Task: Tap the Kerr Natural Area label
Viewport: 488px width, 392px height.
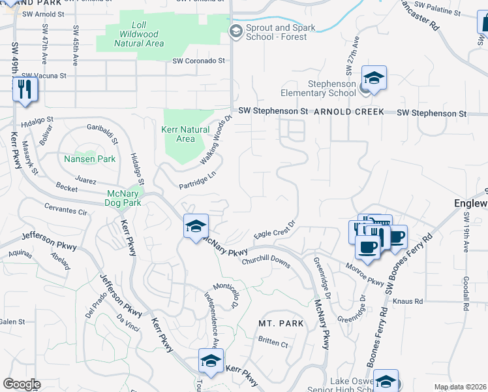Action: tap(185, 134)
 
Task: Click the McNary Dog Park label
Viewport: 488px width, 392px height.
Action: tap(123, 197)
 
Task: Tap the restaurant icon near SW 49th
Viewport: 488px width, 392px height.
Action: tap(25, 89)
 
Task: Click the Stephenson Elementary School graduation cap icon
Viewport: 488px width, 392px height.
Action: tap(374, 78)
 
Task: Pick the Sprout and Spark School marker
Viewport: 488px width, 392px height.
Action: tap(236, 31)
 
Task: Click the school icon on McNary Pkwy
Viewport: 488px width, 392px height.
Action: tap(196, 227)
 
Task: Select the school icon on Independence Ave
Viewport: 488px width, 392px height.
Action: tap(211, 361)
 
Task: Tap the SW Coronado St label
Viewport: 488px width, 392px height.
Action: tap(198, 61)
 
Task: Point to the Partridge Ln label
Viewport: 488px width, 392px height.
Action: tap(197, 181)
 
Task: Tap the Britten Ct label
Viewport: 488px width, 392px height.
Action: tap(273, 342)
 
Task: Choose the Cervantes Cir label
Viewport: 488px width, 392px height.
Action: tap(65, 212)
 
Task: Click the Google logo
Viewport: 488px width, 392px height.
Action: tap(22, 384)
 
